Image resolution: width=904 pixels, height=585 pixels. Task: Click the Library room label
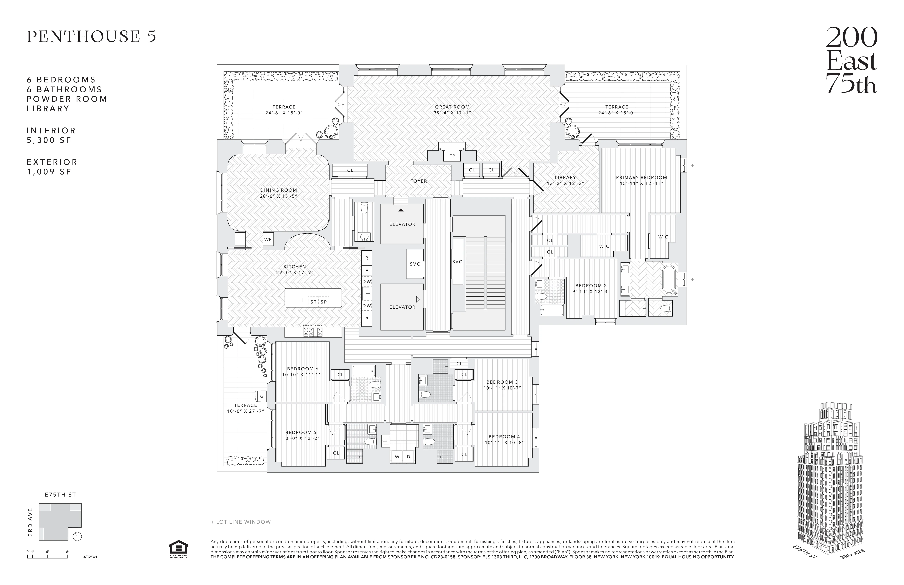(565, 177)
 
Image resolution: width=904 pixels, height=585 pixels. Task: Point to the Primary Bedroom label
(641, 177)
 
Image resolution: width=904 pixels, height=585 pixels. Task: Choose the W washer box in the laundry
(397, 457)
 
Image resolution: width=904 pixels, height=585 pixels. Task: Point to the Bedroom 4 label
(504, 436)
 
